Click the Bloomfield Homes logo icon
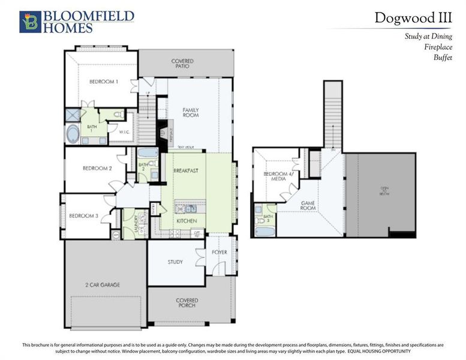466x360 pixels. click(x=30, y=21)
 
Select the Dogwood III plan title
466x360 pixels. click(x=413, y=17)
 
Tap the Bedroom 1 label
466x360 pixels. click(x=104, y=82)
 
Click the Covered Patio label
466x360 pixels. click(x=182, y=64)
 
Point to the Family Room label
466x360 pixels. click(x=191, y=113)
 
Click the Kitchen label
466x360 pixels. click(x=186, y=221)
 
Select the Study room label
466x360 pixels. click(x=175, y=262)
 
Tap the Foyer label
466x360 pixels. click(x=220, y=252)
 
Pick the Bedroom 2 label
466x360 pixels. click(x=97, y=169)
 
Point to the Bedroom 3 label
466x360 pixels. click(x=83, y=215)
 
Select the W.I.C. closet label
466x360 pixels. click(x=125, y=132)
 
